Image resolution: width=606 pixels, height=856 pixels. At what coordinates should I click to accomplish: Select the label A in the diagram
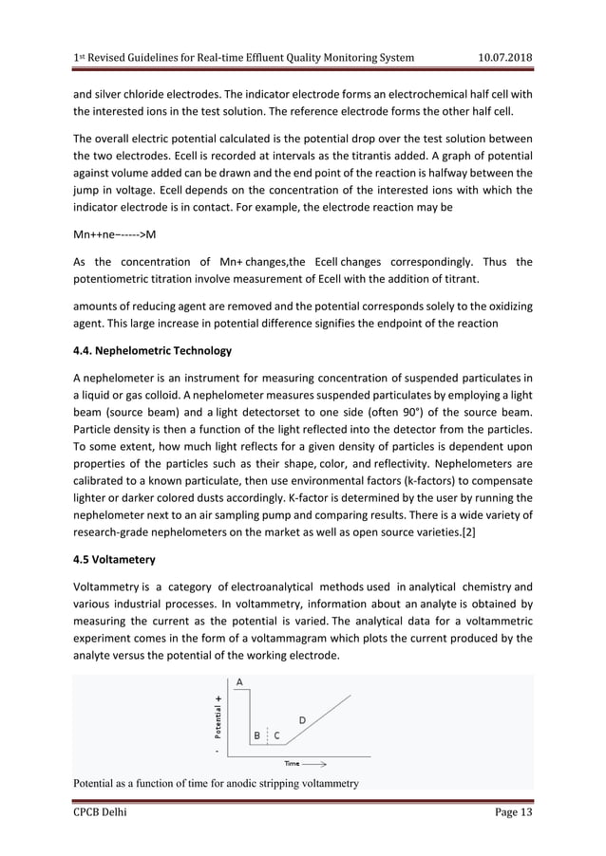click(238, 681)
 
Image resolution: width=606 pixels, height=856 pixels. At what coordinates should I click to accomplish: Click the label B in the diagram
click(256, 735)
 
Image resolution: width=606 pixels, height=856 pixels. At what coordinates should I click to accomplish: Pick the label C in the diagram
click(276, 735)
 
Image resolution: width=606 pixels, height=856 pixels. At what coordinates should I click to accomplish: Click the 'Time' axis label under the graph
click(294, 761)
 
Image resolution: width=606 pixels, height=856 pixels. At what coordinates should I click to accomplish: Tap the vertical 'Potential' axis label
click(218, 720)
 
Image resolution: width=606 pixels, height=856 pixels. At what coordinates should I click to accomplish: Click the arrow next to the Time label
click(315, 761)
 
